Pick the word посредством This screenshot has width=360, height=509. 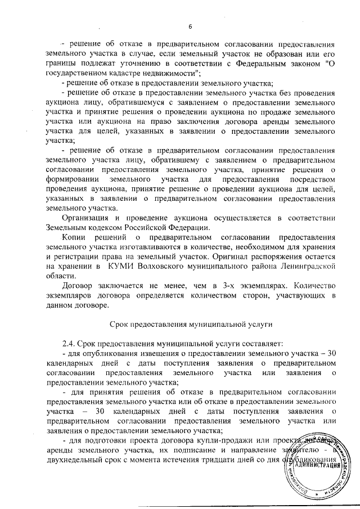tap(309, 179)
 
